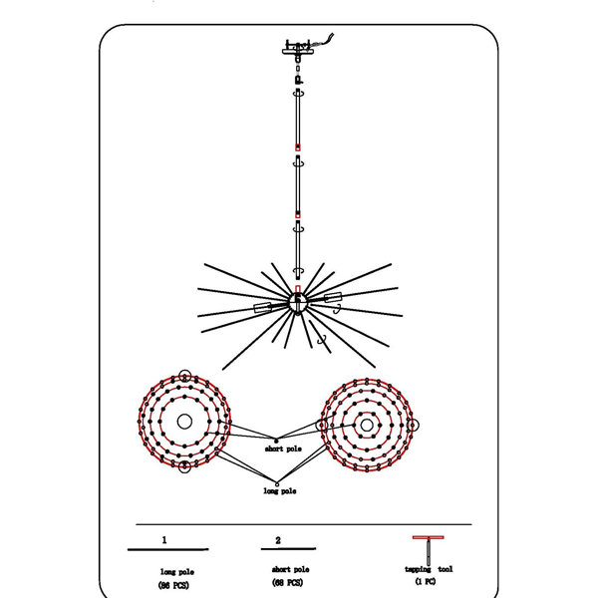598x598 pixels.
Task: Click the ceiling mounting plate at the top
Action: coord(298,51)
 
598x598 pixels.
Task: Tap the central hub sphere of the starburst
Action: coord(297,303)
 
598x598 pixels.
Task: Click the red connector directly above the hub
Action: coord(298,289)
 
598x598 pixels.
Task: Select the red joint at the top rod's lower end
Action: coord(298,148)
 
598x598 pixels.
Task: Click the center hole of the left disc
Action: coord(184,422)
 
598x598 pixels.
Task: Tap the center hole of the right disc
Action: coord(367,425)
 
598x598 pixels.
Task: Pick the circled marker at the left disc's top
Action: coord(185,377)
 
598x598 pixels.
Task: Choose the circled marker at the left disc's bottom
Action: coord(185,466)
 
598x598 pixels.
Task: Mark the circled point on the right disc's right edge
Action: coord(413,425)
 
